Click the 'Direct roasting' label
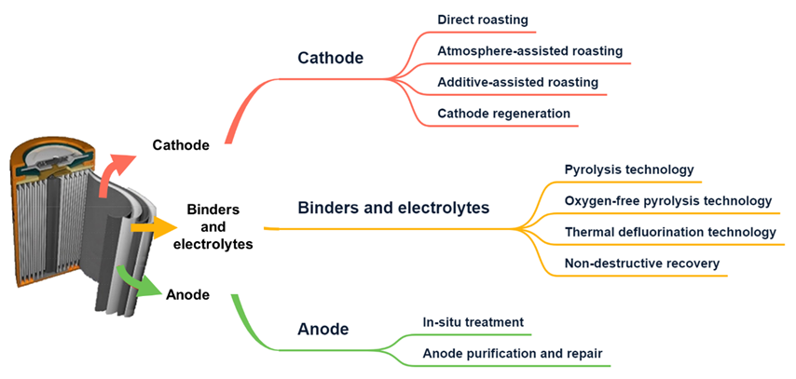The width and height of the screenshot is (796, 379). pyautogui.click(x=483, y=20)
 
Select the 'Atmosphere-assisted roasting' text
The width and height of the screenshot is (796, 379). pyautogui.click(x=530, y=50)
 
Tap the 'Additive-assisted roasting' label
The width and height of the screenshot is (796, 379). pyautogui.click(x=518, y=82)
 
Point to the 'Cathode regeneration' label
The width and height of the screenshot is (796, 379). pyautogui.click(x=503, y=113)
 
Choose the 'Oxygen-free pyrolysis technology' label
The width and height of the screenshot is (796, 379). pyautogui.click(x=668, y=201)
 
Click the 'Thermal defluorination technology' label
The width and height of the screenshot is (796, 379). pyautogui.click(x=670, y=232)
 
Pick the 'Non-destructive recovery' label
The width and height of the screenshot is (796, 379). pyautogui.click(x=642, y=264)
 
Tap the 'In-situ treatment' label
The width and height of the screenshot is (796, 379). pyautogui.click(x=473, y=321)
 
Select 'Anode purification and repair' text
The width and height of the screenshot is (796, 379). pyautogui.click(x=513, y=353)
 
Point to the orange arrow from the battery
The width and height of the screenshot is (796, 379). pyautogui.click(x=154, y=228)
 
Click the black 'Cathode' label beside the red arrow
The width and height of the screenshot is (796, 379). pyautogui.click(x=181, y=145)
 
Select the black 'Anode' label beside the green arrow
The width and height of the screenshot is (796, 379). pyautogui.click(x=187, y=294)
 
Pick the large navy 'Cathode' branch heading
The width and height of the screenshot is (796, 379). pyautogui.click(x=331, y=58)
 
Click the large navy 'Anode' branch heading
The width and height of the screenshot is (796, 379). pyautogui.click(x=323, y=330)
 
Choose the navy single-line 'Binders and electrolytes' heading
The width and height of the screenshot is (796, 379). pyautogui.click(x=393, y=207)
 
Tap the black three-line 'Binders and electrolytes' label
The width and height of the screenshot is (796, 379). pyautogui.click(x=213, y=227)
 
